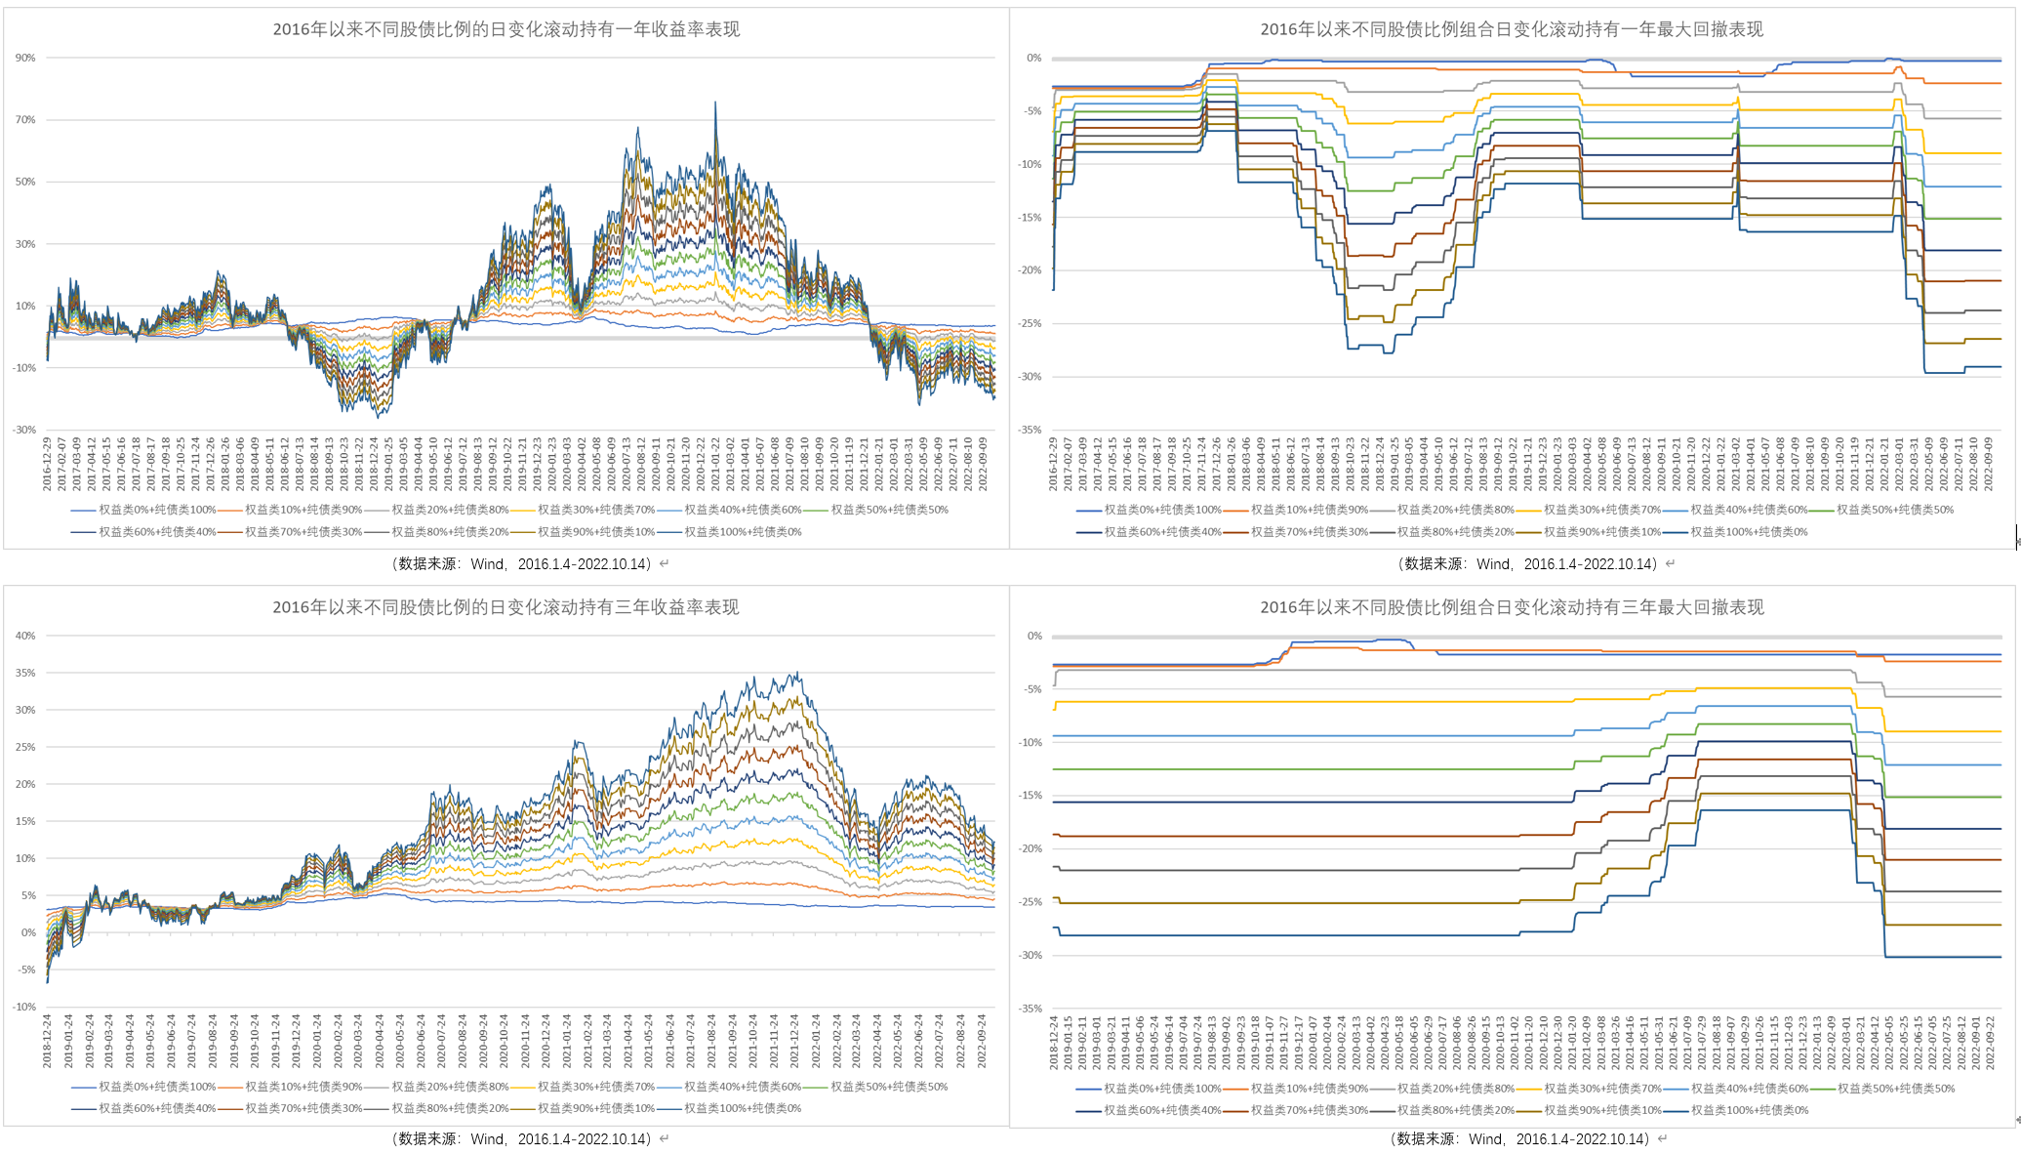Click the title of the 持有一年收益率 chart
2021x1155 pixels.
[x=505, y=29]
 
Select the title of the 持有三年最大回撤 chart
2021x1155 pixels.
[x=1512, y=607]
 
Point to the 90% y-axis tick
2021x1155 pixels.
[x=25, y=59]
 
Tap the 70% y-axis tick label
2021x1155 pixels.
[x=25, y=120]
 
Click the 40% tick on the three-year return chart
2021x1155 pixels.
[x=25, y=636]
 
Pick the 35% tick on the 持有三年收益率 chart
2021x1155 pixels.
[x=25, y=673]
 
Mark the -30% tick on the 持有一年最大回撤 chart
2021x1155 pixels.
[x=1031, y=377]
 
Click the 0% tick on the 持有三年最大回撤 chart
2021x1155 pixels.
[x=1034, y=637]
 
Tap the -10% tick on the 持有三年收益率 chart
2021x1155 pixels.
[x=23, y=1007]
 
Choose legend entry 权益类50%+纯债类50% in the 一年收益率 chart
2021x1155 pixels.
[x=889, y=510]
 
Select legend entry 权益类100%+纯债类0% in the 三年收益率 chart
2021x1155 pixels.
[x=743, y=1109]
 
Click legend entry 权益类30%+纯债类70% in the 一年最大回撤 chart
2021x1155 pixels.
[x=1601, y=510]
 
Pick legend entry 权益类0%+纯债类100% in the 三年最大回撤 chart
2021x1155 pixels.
[x=1162, y=1089]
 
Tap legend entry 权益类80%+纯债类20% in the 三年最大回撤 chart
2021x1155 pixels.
[x=1455, y=1110]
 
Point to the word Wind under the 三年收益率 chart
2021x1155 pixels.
[x=487, y=1139]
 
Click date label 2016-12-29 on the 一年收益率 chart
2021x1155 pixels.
[x=47, y=464]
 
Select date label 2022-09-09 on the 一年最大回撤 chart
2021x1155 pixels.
[x=1988, y=464]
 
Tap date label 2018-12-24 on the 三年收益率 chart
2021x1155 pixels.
[x=47, y=1041]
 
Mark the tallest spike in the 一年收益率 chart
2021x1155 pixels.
[x=715, y=103]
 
